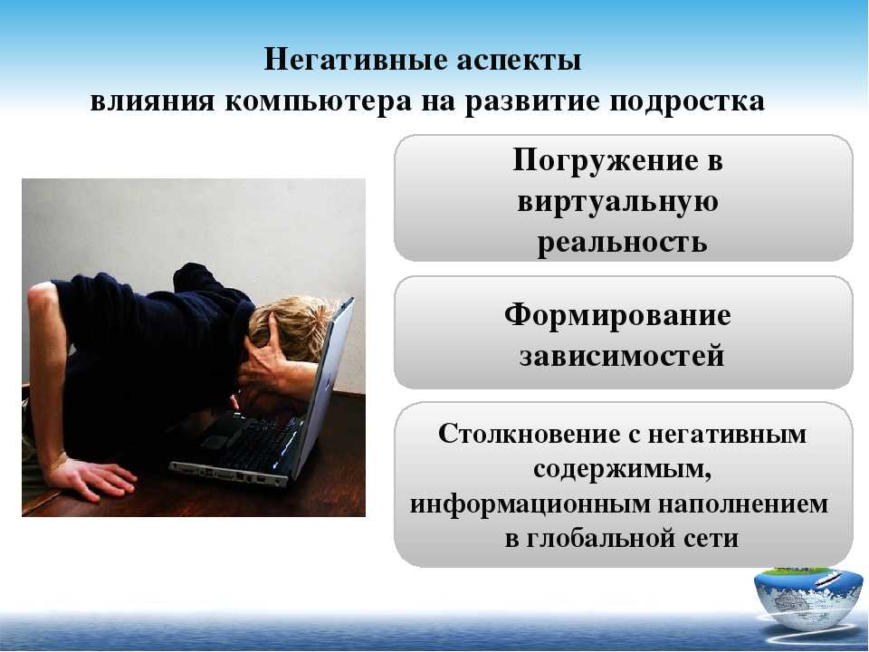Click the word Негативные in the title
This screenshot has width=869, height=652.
(x=356, y=59)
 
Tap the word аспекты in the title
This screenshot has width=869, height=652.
(x=520, y=60)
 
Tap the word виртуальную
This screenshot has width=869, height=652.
(x=618, y=202)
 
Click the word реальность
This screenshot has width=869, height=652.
(x=623, y=243)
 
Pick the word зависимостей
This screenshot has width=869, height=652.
(x=622, y=356)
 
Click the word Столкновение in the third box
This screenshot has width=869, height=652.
(x=529, y=434)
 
